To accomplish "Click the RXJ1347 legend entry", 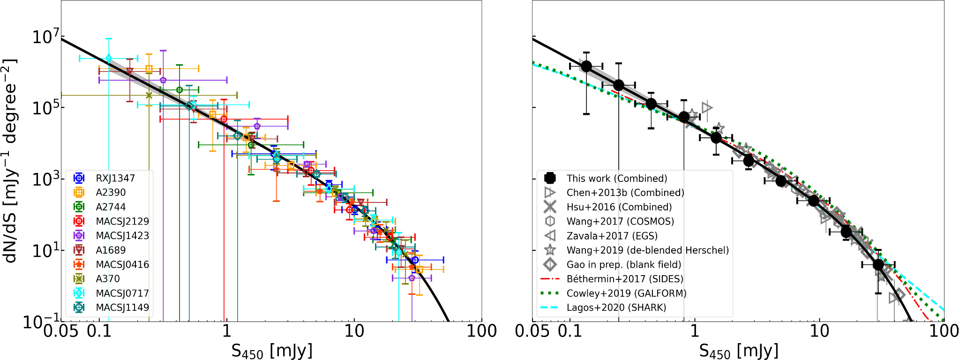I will click(115, 178).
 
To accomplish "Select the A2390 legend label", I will click(111, 192).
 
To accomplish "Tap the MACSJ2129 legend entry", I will click(122, 221).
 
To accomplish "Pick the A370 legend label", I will click(108, 279).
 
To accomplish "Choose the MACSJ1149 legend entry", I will click(122, 307).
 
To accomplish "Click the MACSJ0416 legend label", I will click(122, 264).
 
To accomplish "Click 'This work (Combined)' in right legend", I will click(616, 178).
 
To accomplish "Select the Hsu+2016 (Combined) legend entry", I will click(619, 207).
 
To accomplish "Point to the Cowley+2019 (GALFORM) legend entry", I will click(626, 293).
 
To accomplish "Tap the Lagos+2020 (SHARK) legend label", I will click(616, 307).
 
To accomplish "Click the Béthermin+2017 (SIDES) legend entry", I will click(624, 279).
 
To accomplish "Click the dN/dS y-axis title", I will click(10, 160).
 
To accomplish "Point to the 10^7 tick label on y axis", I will click(46, 36).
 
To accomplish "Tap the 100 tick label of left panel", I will click(481, 331).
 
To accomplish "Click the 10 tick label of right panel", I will click(819, 331).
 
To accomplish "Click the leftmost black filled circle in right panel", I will click(586, 67).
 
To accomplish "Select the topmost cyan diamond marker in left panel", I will click(109, 58).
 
